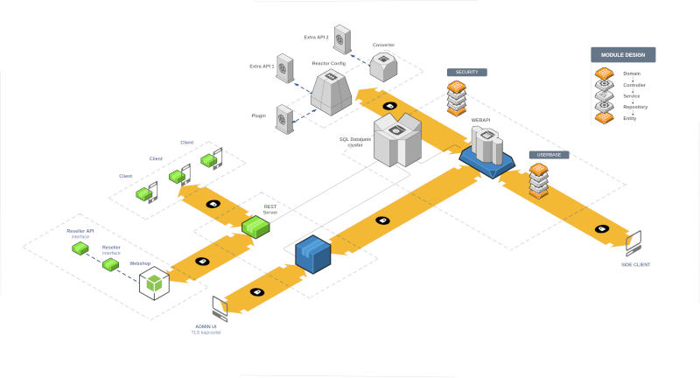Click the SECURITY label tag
tap(465, 72)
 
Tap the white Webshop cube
tap(154, 283)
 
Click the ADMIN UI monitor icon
tap(220, 308)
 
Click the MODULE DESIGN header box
tap(623, 54)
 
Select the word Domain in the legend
tap(632, 73)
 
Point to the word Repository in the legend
tap(635, 107)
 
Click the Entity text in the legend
tap(630, 118)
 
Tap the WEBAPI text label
tap(481, 119)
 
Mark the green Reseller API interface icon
tap(80, 248)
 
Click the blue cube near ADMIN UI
tap(311, 253)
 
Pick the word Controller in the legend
tap(634, 85)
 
